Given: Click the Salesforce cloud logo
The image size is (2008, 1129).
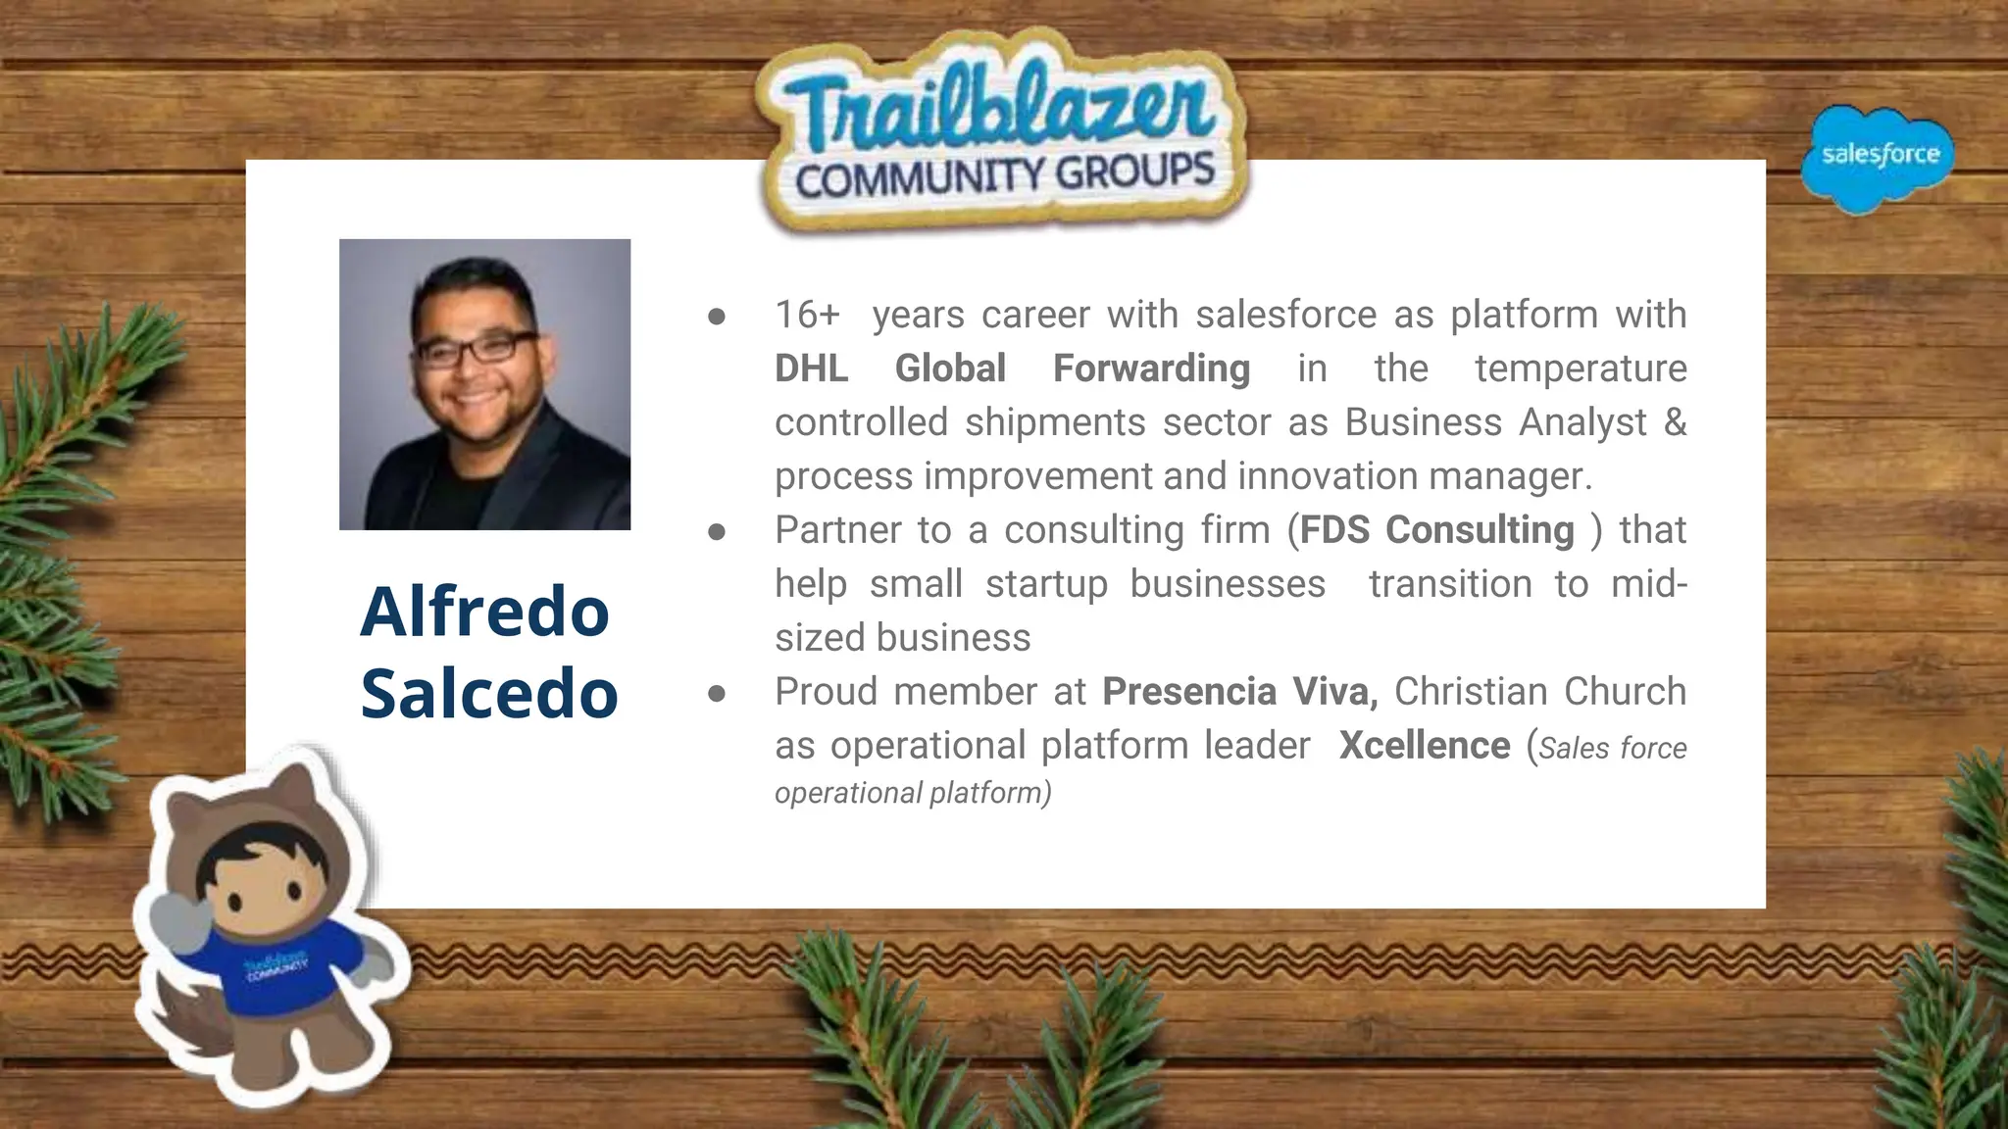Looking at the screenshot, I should [x=1878, y=157].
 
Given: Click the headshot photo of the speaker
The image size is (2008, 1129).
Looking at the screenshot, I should [x=484, y=384].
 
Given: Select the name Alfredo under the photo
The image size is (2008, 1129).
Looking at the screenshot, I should [x=485, y=611].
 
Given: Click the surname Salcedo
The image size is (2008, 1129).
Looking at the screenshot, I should [x=489, y=693].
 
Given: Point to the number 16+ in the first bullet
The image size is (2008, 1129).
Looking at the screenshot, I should [x=807, y=315].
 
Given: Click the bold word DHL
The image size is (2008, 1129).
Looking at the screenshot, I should [x=811, y=368].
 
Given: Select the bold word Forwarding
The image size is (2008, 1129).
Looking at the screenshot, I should [x=1151, y=368].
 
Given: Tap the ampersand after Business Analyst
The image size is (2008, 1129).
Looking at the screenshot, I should [x=1675, y=422].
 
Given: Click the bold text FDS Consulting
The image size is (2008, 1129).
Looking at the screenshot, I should [x=1436, y=530].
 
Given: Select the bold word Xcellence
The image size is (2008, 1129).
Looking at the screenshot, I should [x=1424, y=746].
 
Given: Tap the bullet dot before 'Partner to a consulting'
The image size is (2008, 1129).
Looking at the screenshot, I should [x=717, y=531].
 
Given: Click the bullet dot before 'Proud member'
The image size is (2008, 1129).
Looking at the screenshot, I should [x=717, y=693].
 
